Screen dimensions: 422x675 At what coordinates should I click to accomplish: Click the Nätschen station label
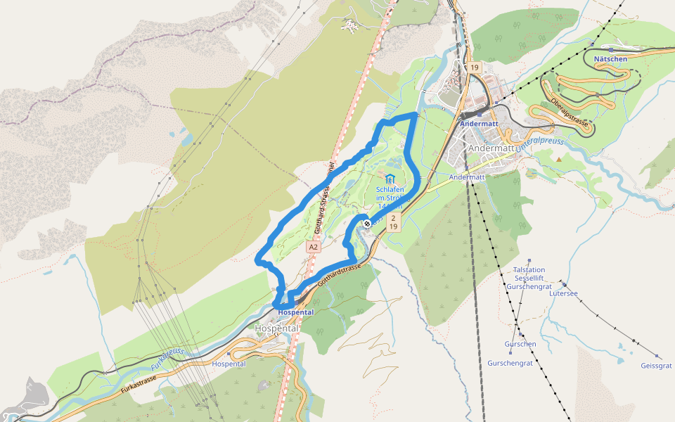pos(610,59)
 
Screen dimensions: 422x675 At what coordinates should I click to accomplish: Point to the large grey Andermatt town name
pos(491,148)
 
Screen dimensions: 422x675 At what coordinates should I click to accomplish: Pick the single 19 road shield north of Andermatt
pos(475,68)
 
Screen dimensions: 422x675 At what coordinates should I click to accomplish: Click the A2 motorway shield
pos(314,248)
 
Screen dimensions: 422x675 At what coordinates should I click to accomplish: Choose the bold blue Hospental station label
pos(296,312)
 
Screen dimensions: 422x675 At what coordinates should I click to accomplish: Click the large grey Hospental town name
pos(277,328)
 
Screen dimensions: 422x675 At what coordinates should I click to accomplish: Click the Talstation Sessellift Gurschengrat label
pos(529,279)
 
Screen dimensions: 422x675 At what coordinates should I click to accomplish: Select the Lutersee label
pos(563,293)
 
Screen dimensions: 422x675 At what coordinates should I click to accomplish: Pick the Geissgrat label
pos(656,366)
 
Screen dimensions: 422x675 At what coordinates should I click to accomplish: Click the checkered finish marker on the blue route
pos(367,224)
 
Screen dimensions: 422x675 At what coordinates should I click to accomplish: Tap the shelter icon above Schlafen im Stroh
pos(390,179)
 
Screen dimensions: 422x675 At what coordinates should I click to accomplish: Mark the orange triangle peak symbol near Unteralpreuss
pos(559,159)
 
